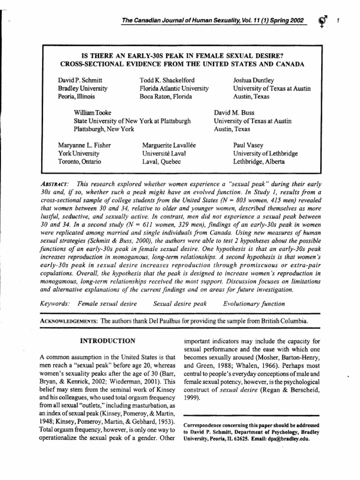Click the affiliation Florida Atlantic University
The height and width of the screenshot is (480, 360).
(174, 88)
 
